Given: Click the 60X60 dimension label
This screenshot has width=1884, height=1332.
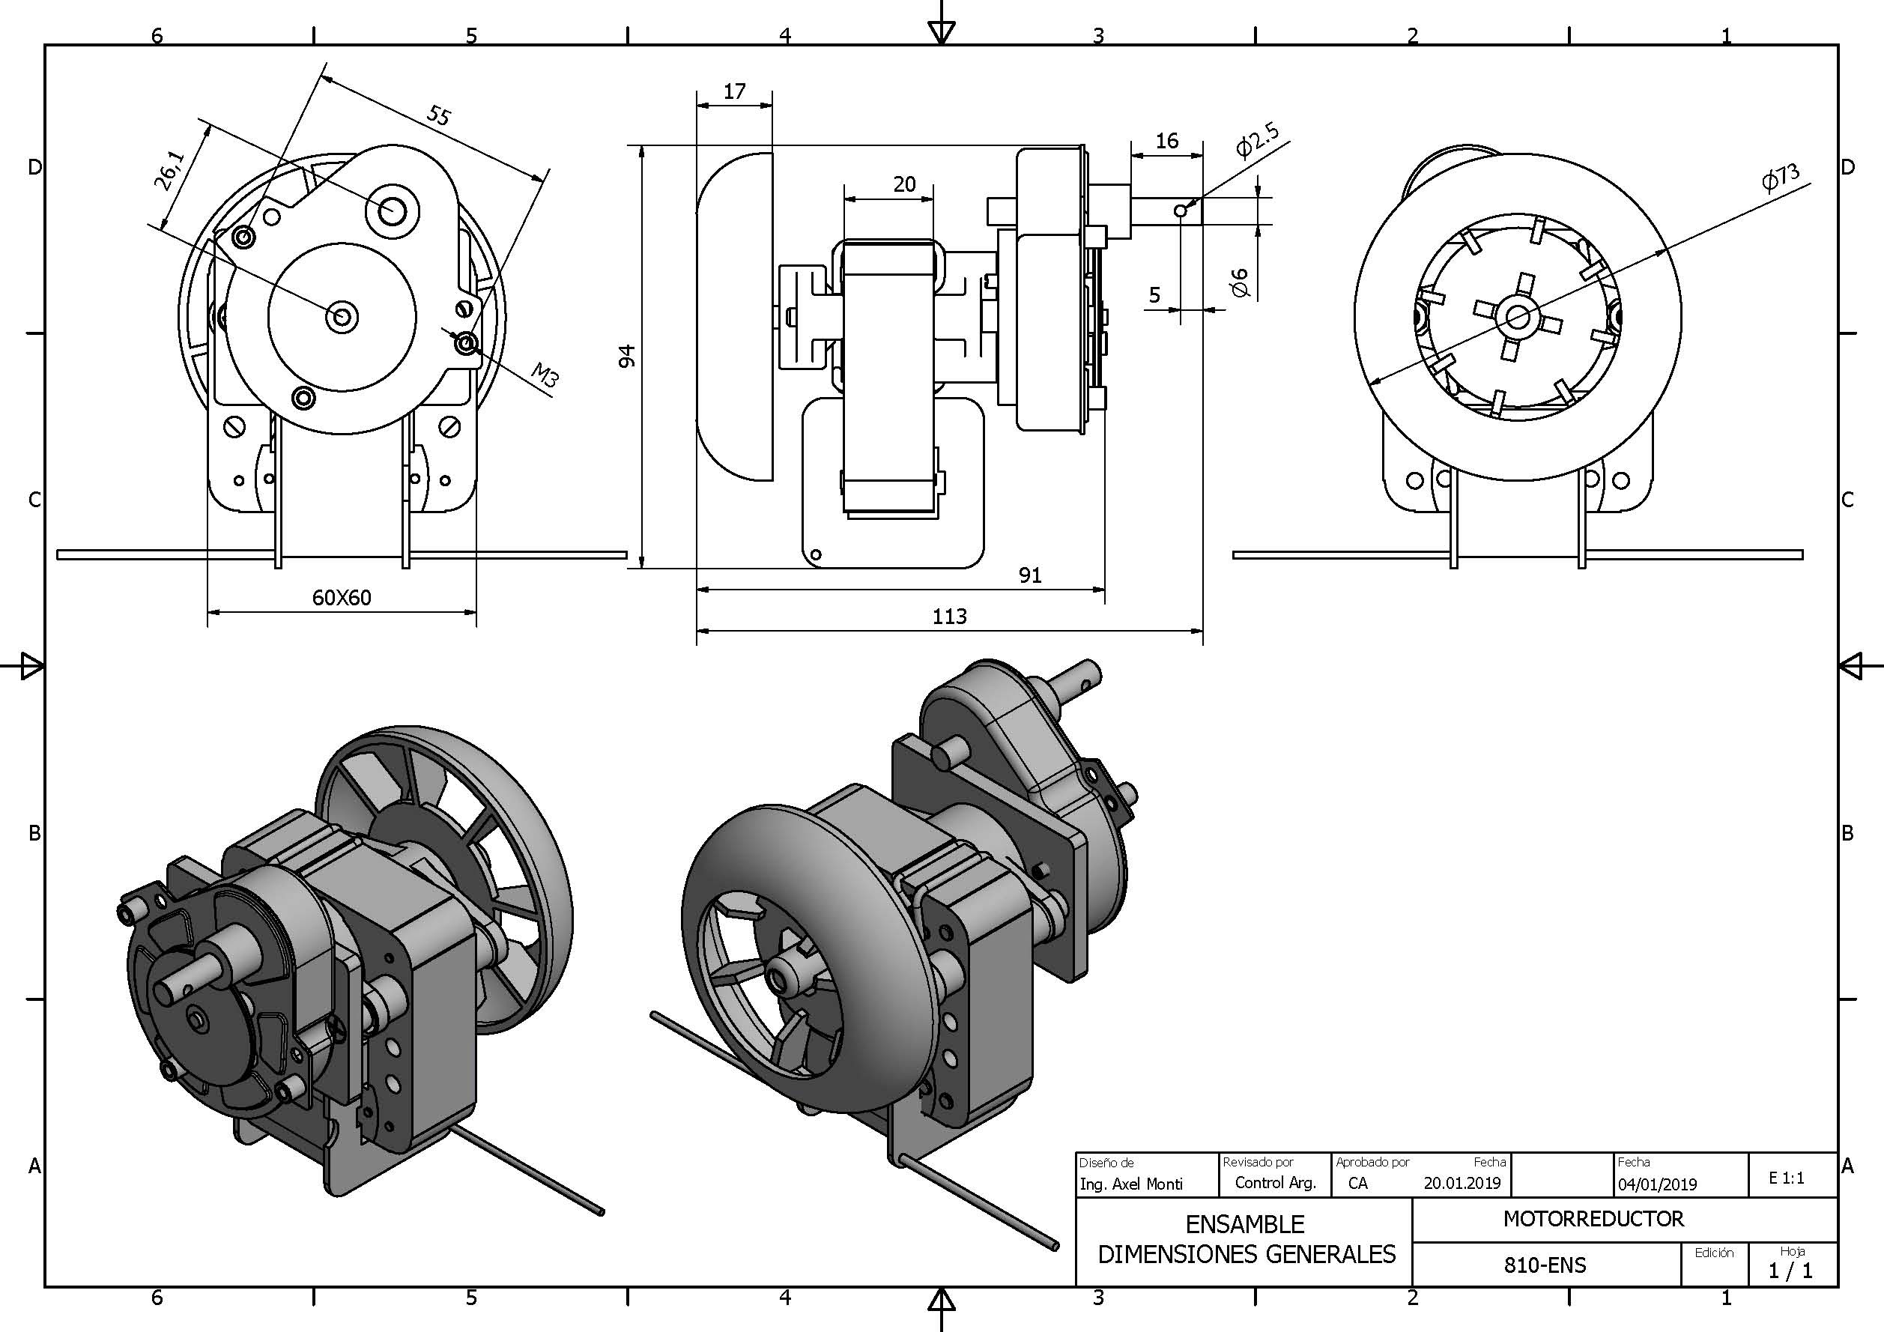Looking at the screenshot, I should pyautogui.click(x=342, y=598).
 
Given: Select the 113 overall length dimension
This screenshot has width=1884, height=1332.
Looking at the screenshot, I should pyautogui.click(x=949, y=617).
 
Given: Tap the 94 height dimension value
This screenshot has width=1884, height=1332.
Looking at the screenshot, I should pyautogui.click(x=627, y=356).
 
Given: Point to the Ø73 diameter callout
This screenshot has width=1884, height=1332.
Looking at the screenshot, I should pyautogui.click(x=1780, y=178).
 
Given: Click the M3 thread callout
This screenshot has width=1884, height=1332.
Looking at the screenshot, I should pyautogui.click(x=545, y=375).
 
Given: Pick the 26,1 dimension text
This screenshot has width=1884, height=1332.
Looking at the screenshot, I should pyautogui.click(x=170, y=171).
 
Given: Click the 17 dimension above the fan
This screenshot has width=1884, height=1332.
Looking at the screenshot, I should pyautogui.click(x=734, y=91).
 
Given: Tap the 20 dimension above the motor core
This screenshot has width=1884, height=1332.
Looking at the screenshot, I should pyautogui.click(x=903, y=184).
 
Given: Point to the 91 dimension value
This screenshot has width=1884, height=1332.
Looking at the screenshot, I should pyautogui.click(x=1030, y=575).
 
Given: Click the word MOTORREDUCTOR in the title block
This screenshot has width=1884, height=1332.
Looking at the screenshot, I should pyautogui.click(x=1593, y=1219).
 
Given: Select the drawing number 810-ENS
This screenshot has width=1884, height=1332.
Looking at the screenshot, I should pyautogui.click(x=1545, y=1265).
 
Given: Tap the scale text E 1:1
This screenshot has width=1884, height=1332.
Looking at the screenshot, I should pyautogui.click(x=1787, y=1178).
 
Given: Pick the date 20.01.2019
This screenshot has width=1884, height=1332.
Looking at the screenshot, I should pyautogui.click(x=1462, y=1183).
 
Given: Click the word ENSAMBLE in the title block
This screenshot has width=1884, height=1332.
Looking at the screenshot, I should pyautogui.click(x=1245, y=1224).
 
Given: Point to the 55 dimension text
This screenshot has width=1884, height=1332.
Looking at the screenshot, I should pyautogui.click(x=439, y=115).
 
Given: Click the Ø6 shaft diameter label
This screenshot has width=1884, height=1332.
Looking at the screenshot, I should pyautogui.click(x=1239, y=282).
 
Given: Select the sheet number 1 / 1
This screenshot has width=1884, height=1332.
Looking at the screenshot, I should pyautogui.click(x=1790, y=1271).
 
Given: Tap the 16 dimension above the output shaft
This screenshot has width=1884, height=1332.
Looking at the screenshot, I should pyautogui.click(x=1166, y=140).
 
